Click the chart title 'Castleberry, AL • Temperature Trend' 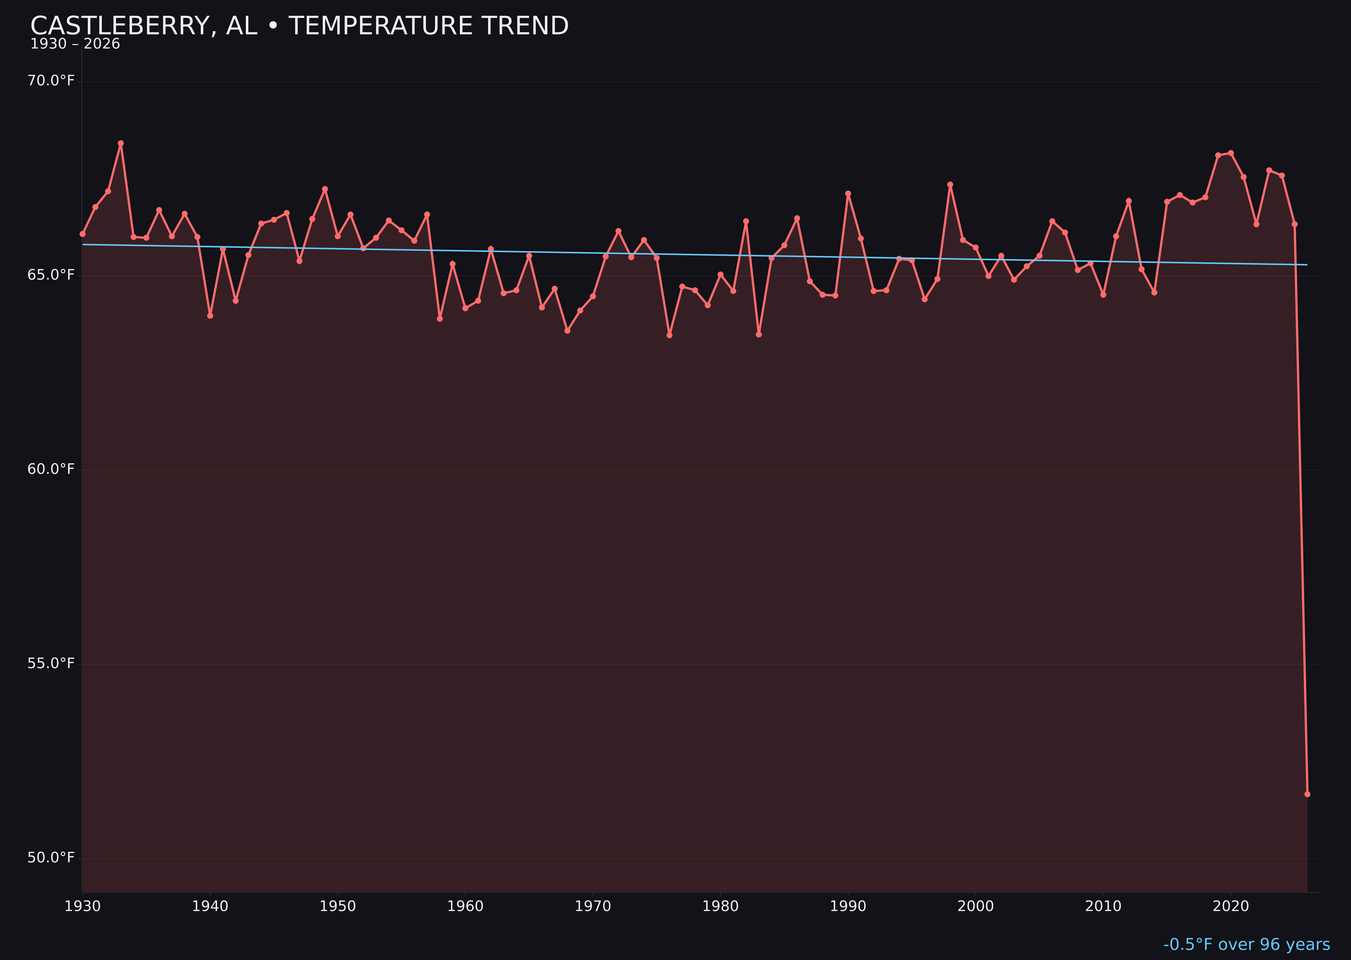pos(299,26)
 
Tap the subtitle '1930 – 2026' pos(75,44)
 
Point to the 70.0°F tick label pos(51,80)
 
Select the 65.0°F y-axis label pos(51,275)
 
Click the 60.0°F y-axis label pos(51,469)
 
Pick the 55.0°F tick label pos(51,663)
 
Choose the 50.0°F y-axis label pos(51,858)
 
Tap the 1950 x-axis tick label pos(338,906)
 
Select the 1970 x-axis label pos(593,906)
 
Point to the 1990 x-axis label pos(848,906)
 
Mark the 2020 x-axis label pos(1230,906)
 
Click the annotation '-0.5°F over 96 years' pos(1246,944)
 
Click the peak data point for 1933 pos(121,143)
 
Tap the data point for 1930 pos(82,234)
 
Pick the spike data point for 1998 pos(950,184)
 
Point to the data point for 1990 pos(848,193)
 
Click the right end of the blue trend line pos(1307,265)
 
